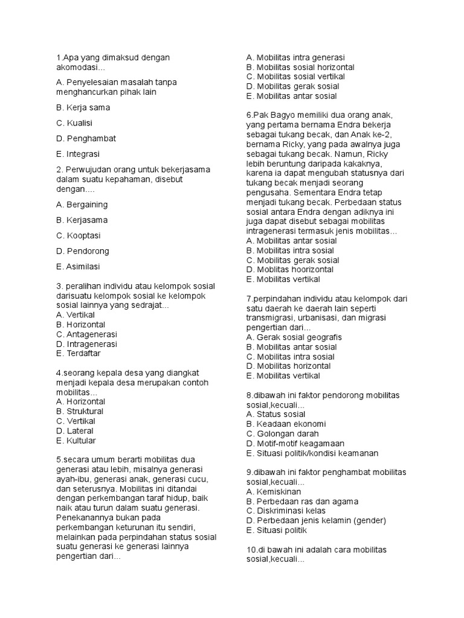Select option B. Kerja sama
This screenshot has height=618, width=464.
[x=83, y=107]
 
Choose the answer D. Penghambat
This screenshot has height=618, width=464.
[x=86, y=138]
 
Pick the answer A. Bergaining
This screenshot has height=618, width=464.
[x=82, y=205]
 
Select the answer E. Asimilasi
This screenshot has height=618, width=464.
[x=78, y=266]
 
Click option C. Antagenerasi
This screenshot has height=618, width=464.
[x=86, y=334]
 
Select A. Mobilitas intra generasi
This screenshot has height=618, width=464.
[x=295, y=57]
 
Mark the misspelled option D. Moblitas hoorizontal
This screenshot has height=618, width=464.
[x=290, y=270]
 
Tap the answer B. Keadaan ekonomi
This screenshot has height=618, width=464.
[x=286, y=424]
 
